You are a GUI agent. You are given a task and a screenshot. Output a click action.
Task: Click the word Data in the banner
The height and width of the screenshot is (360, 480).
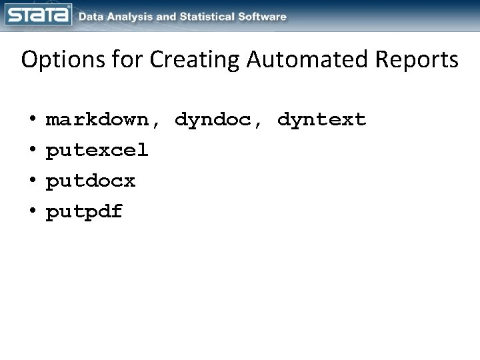point(92,17)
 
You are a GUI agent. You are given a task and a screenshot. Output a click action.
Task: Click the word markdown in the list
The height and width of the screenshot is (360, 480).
point(97,120)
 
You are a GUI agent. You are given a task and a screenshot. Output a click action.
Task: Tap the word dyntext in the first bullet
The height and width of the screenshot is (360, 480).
point(322,120)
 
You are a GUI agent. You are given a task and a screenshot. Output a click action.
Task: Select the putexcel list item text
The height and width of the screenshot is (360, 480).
point(97,151)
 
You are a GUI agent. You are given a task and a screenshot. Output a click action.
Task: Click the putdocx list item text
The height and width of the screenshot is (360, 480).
point(90,181)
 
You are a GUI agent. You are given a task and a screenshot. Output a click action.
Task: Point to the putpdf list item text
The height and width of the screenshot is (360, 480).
point(84,212)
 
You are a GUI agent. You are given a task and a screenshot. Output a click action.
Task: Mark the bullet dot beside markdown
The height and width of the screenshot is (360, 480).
point(33,120)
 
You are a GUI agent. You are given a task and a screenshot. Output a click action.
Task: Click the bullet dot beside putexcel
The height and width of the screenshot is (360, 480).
point(33,151)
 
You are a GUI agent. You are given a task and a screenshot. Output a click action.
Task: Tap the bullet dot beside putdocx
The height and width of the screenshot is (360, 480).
point(33,181)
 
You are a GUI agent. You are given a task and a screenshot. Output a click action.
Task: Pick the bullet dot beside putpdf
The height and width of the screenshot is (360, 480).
point(33,212)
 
